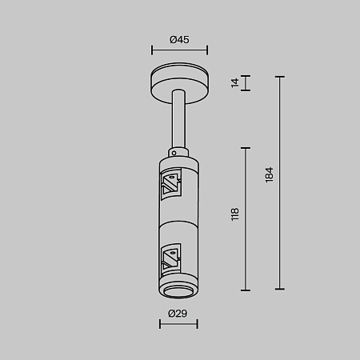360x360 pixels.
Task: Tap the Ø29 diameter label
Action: tap(178, 314)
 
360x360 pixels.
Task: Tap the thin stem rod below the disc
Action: tap(178, 120)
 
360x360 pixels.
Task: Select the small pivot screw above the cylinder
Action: tap(173, 150)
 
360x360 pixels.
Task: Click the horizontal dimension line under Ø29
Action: tap(178, 324)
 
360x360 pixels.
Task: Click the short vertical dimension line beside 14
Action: tap(246, 83)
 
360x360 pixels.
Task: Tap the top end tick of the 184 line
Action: tap(279, 77)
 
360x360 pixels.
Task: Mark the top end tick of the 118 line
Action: tap(246, 147)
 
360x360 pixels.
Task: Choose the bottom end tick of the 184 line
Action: tap(279, 289)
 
